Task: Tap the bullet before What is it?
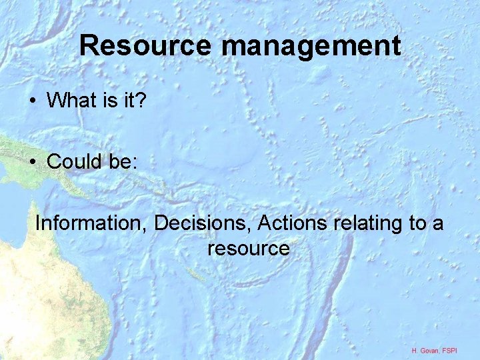pyautogui.click(x=32, y=101)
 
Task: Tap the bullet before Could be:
pyautogui.click(x=32, y=161)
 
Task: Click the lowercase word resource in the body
pyautogui.click(x=248, y=249)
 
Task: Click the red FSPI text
pyautogui.click(x=460, y=350)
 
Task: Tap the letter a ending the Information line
pyautogui.click(x=437, y=224)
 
